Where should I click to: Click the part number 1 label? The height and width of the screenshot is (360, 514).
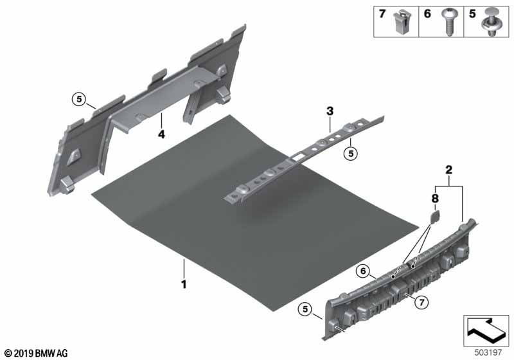click(x=184, y=282)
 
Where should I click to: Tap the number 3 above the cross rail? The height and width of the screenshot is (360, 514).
click(x=330, y=111)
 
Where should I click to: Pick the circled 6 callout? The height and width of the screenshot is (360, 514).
click(x=363, y=272)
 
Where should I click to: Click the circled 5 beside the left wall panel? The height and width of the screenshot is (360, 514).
click(x=78, y=99)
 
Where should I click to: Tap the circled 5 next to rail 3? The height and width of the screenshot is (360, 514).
click(x=350, y=152)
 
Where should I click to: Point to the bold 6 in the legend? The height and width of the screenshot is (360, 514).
click(x=427, y=14)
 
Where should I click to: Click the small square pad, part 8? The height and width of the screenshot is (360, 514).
click(x=432, y=219)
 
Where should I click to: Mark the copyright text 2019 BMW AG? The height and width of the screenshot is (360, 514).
click(x=35, y=353)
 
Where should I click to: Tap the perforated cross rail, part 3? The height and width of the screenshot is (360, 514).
click(x=302, y=161)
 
